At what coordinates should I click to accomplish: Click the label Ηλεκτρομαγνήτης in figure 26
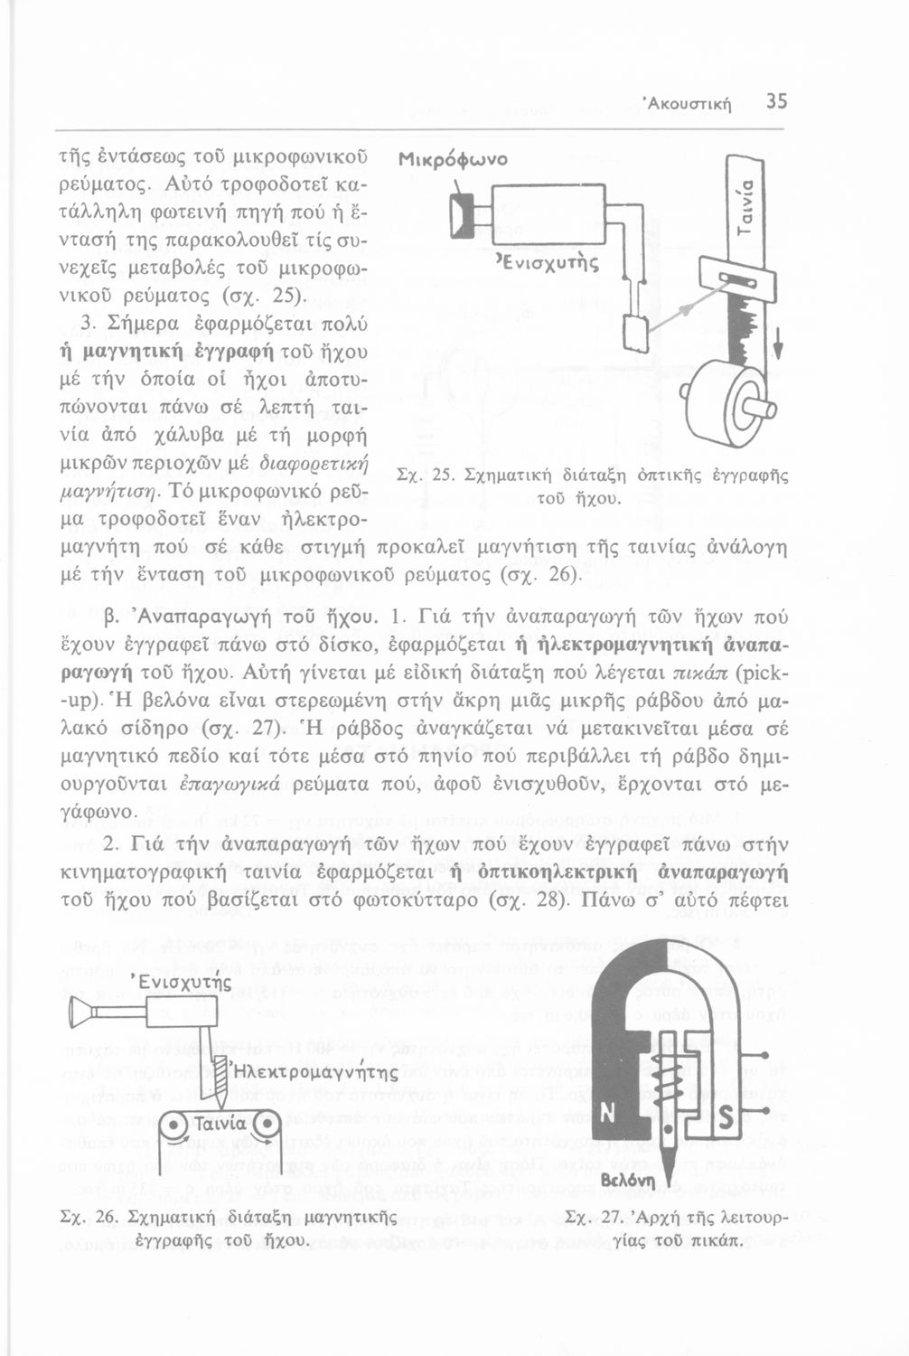point(314,1074)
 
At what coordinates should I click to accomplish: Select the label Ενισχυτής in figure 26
point(181,982)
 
